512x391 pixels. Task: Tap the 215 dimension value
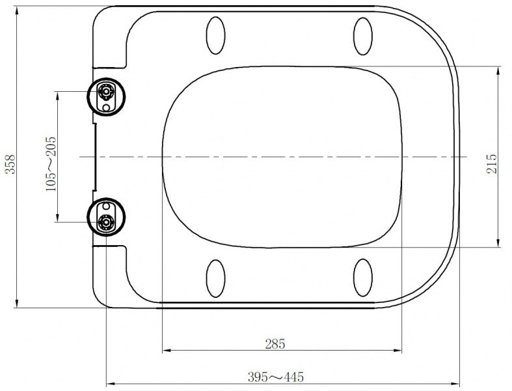pos(491,162)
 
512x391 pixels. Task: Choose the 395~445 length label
pos(275,377)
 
